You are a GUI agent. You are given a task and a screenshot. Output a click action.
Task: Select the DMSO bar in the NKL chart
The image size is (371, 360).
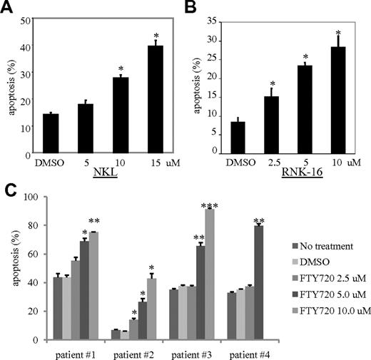tap(50, 133)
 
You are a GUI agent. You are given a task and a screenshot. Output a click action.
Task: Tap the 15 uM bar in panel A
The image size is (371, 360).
tap(156, 99)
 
